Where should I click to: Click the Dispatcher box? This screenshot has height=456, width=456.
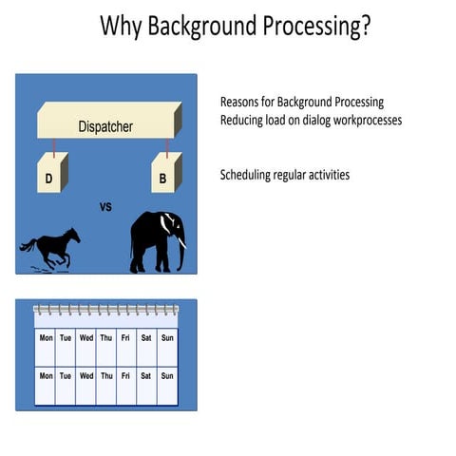[105, 123]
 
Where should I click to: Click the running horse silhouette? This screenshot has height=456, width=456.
[50, 248]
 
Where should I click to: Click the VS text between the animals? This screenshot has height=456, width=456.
[105, 206]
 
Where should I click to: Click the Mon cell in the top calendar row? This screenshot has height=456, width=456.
[46, 336]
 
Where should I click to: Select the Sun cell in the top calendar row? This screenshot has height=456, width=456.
[167, 336]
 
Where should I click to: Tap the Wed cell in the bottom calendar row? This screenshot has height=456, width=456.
[86, 375]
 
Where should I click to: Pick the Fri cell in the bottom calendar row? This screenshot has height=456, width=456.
[126, 375]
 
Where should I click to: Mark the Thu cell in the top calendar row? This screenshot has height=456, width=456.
[106, 336]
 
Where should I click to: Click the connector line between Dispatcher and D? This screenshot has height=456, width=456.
[54, 146]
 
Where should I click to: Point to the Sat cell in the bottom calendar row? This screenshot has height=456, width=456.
[146, 375]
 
